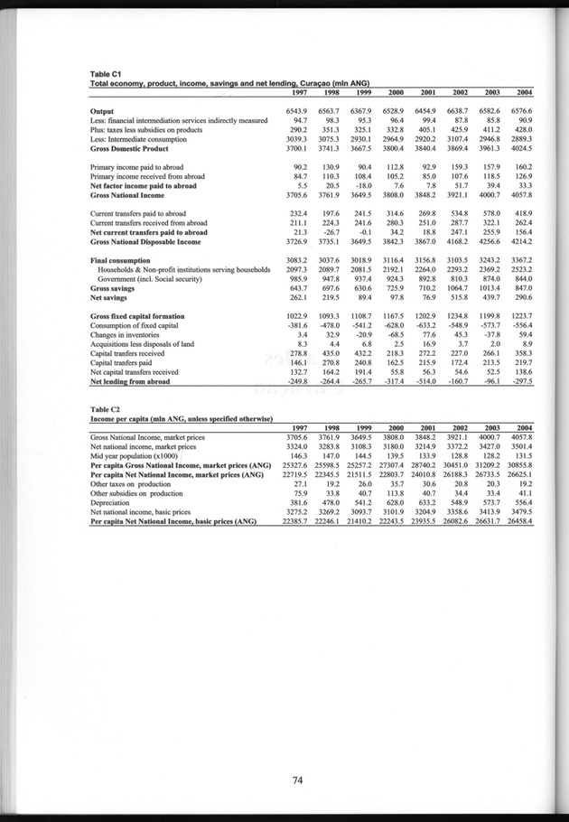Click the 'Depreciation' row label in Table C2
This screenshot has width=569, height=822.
coord(113,503)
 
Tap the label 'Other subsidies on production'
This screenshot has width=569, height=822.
coord(138,494)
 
